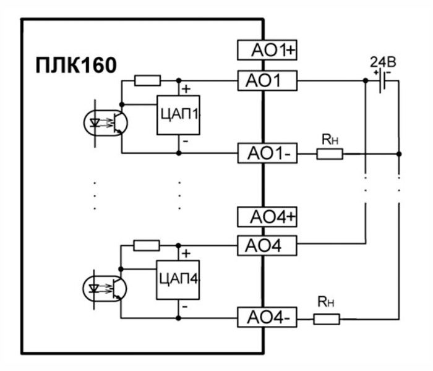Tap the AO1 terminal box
tap(268, 80)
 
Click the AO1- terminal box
tap(268, 153)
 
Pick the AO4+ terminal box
tap(268, 217)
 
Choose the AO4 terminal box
tap(268, 245)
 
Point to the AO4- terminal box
tap(268, 318)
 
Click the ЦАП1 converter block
tap(178, 115)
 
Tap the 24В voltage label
tap(382, 62)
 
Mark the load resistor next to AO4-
tap(326, 319)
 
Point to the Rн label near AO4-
tap(325, 305)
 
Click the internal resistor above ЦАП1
tap(147, 80)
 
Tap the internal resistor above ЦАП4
tap(147, 245)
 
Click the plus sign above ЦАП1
tap(186, 88)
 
